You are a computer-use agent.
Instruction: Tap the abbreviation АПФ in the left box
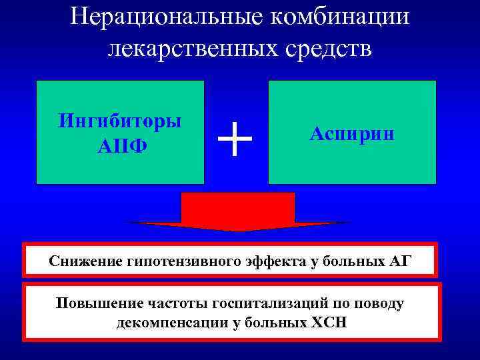120,145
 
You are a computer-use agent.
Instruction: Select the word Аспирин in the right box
352,133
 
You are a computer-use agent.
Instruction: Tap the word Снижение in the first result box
86,260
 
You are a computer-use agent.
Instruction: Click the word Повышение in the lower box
99,303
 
